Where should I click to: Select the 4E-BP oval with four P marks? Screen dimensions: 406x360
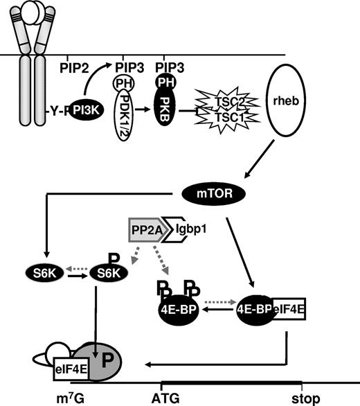coord(180,309)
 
